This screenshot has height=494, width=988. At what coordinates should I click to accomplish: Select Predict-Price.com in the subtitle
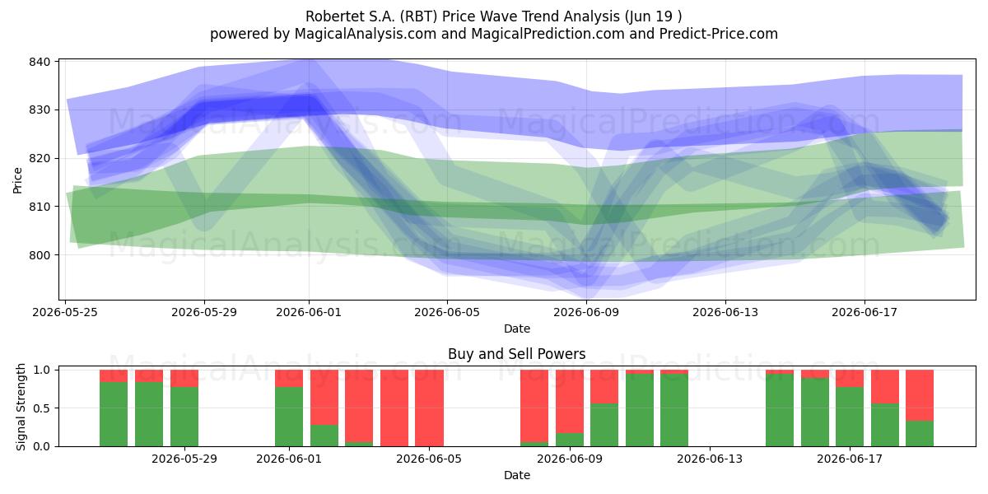(718, 34)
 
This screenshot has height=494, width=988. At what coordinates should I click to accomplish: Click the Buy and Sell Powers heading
(516, 354)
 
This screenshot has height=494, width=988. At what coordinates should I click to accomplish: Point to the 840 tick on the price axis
(40, 62)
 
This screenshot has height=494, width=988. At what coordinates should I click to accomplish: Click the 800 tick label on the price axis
(40, 255)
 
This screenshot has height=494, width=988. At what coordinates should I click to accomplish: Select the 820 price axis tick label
(40, 158)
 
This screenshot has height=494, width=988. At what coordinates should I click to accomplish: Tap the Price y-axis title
(17, 180)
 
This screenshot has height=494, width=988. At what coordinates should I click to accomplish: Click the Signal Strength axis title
(21, 407)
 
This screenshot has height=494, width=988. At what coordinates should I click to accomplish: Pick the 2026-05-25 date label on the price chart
(65, 312)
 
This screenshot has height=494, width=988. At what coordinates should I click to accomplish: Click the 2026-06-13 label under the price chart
(725, 312)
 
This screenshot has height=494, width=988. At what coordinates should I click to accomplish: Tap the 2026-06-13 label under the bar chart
(710, 459)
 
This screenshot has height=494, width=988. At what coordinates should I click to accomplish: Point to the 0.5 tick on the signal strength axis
(43, 408)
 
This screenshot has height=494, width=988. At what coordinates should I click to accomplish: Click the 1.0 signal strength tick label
(43, 370)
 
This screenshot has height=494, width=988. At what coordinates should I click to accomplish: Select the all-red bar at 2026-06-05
(429, 408)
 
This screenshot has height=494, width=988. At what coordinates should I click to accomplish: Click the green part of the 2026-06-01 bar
(289, 417)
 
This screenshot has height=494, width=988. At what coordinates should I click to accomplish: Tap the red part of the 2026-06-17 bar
(850, 379)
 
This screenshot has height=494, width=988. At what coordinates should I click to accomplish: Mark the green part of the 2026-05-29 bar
(184, 417)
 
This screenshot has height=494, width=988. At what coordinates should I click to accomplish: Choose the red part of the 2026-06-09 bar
(570, 402)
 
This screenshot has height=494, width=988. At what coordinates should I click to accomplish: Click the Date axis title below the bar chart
(517, 475)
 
